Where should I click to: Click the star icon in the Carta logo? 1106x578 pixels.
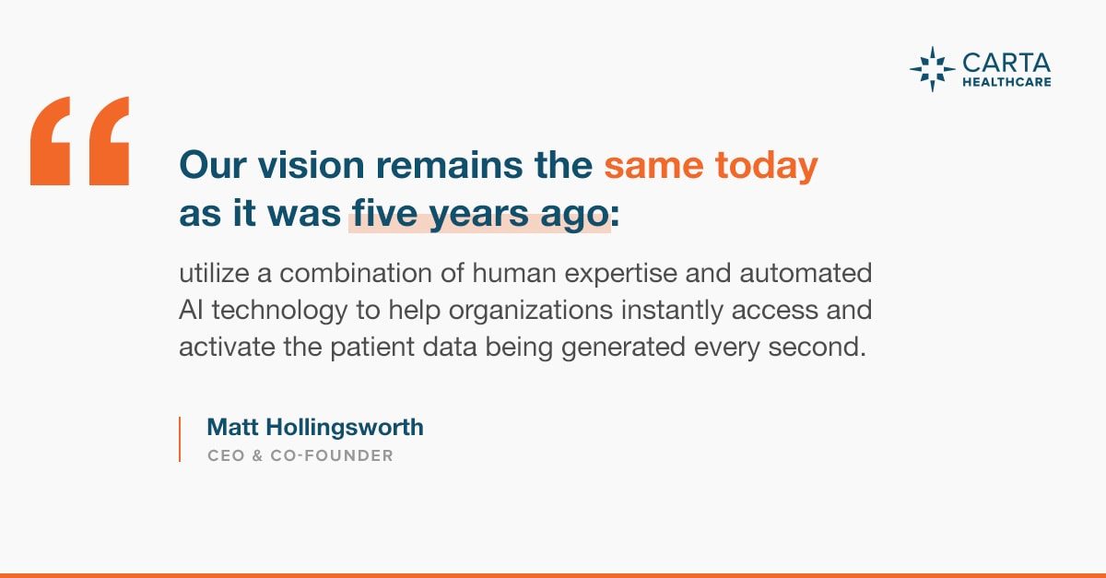tap(932, 69)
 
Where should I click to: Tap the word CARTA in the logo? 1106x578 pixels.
tap(1006, 64)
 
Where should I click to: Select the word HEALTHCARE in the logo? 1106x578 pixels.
tap(1006, 82)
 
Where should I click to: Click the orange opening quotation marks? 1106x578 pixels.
tap(79, 141)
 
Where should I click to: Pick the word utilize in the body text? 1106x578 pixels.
tap(214, 273)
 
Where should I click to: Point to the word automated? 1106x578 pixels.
tap(806, 273)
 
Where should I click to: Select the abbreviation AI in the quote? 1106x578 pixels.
tap(191, 311)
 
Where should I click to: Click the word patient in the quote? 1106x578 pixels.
tap(372, 348)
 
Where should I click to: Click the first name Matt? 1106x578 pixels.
tap(232, 428)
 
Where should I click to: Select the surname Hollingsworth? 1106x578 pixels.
tap(345, 428)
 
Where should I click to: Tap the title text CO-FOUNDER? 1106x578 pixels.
tap(332, 455)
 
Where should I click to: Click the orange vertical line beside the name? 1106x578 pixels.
tap(180, 439)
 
